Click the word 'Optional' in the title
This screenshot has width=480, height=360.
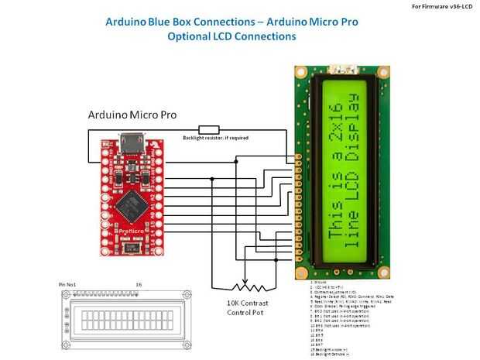(191, 36)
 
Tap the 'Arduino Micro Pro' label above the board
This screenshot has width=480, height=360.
(132, 115)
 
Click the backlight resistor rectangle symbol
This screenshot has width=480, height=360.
(209, 129)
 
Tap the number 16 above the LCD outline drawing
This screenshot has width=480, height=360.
(139, 285)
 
